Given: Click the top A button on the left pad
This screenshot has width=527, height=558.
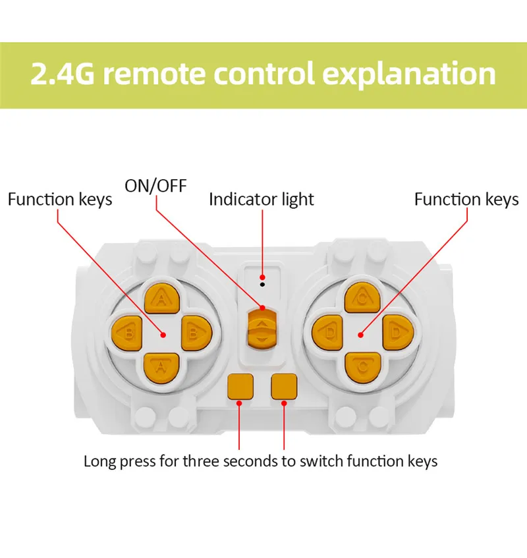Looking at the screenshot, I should coord(161,298).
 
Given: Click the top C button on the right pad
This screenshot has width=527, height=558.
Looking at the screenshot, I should coord(361,298).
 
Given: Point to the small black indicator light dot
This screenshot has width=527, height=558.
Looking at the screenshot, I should coord(262,285).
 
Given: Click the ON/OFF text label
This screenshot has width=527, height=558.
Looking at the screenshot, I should coord(155,186).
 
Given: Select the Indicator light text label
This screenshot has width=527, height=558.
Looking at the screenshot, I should coord(262,199).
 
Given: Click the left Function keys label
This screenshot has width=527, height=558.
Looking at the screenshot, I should coord(60,199).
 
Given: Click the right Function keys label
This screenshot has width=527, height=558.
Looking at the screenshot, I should coord(466,199).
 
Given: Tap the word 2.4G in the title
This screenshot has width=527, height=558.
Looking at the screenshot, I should coord(62,74).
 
